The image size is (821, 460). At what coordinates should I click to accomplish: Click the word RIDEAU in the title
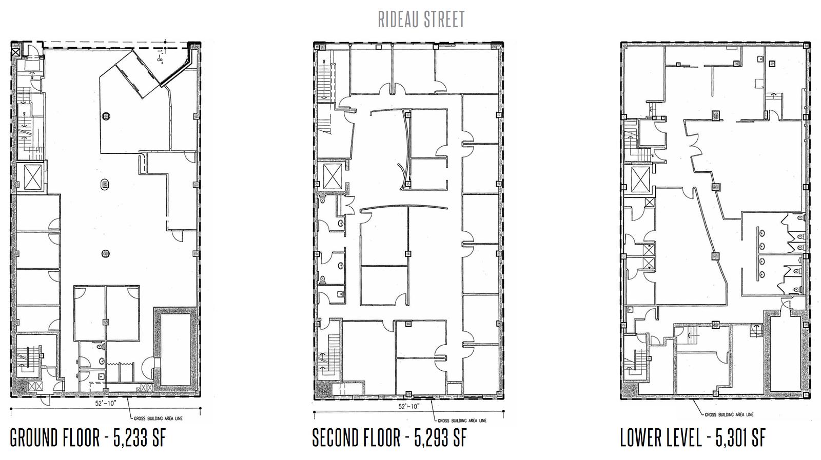coord(396,19)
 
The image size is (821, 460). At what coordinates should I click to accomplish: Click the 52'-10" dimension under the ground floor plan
coord(105,403)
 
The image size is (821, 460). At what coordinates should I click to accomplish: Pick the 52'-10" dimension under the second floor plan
coord(408,406)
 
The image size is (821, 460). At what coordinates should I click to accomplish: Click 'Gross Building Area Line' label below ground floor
coord(158,418)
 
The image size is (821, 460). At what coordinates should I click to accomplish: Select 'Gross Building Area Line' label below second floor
coord(462,421)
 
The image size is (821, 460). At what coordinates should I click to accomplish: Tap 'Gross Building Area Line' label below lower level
coord(729,414)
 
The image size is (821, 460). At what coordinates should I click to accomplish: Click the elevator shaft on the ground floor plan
coord(33,177)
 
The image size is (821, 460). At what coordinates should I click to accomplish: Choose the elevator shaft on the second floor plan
coord(333,176)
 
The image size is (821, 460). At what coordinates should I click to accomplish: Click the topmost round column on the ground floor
coord(106,116)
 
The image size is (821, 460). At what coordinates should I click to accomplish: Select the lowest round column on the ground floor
coord(106,253)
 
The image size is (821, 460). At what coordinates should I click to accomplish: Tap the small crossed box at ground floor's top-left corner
coord(16,52)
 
